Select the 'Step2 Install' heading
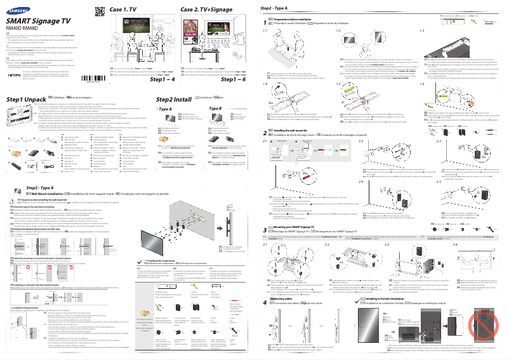coord(173,100)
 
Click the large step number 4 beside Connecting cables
coord(265,303)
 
